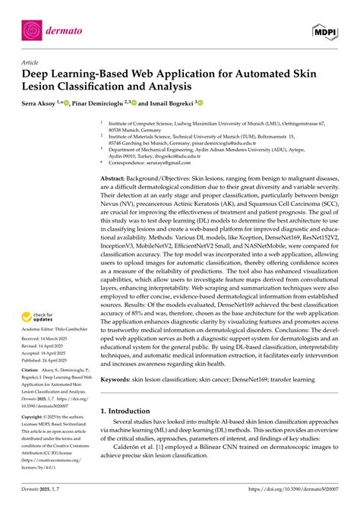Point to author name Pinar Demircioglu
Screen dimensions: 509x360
pos(105,101)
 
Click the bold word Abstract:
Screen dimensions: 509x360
pos(118,176)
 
